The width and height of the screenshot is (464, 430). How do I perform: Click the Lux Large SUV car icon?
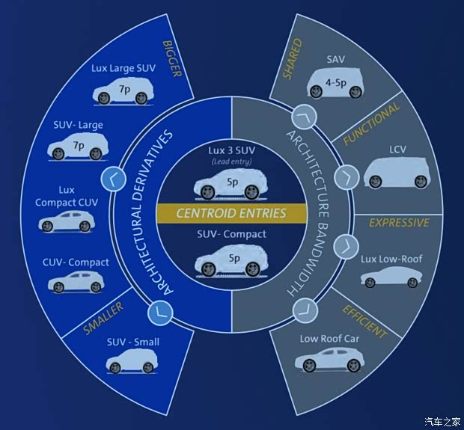pyautogui.click(x=121, y=93)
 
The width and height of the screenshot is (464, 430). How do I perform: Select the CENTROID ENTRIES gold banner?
pyautogui.click(x=231, y=213)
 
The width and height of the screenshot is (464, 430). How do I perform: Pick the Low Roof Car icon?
pyautogui.click(x=329, y=360)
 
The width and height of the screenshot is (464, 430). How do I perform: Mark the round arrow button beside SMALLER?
pyautogui.click(x=158, y=311)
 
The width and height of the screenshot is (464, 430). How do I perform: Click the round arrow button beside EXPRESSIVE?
pyautogui.click(x=346, y=245)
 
